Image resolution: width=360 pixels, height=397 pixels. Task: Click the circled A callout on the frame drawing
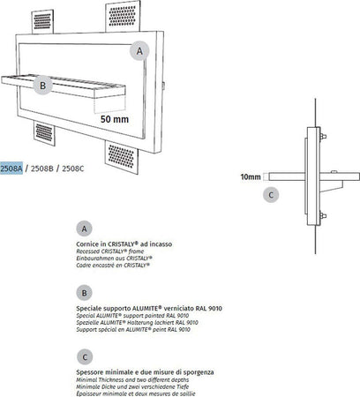click(x=139, y=51)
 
